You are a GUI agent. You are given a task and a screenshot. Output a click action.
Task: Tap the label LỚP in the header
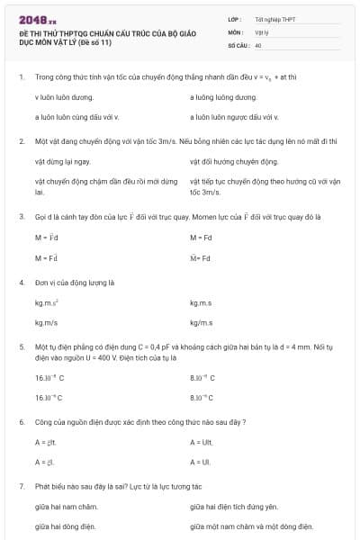point(235,19)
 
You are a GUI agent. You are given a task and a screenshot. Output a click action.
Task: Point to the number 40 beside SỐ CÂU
point(258,44)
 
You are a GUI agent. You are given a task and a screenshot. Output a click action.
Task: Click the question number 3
point(21,217)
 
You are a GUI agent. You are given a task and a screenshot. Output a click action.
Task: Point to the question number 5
point(21,346)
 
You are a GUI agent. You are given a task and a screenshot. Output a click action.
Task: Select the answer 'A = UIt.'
point(203,443)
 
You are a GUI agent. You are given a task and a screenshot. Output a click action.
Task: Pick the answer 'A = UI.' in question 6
point(202,462)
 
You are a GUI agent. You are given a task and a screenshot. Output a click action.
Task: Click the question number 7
point(21,486)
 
